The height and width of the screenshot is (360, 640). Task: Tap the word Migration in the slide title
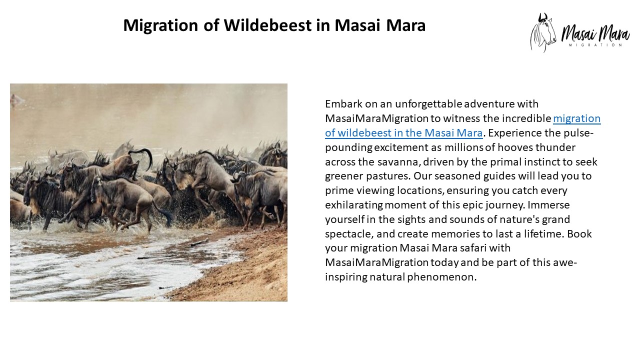[x=159, y=25]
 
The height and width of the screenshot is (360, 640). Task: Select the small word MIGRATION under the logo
[x=595, y=45]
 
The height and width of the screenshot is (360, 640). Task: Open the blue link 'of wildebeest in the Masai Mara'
[x=403, y=133]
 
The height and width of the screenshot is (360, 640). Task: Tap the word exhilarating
[x=354, y=205]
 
